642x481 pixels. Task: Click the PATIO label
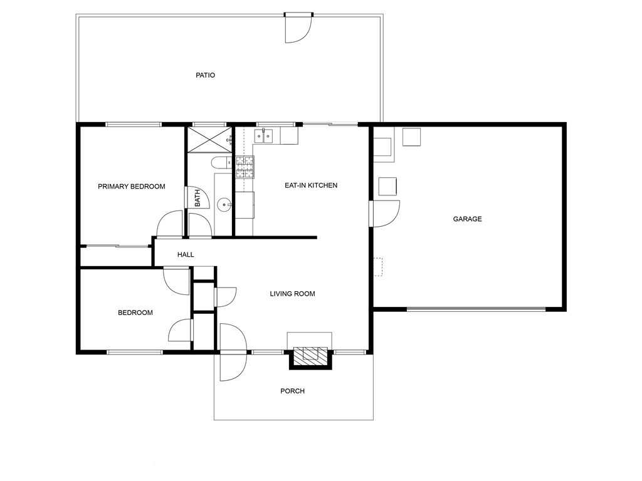[205, 75]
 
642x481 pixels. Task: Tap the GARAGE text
[467, 219]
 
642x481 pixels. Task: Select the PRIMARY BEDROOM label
[132, 187]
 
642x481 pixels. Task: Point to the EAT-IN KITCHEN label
[311, 185]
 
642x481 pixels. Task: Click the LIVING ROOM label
[292, 294]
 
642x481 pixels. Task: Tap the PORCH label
[292, 391]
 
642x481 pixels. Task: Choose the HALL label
[186, 255]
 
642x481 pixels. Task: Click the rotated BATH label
[197, 198]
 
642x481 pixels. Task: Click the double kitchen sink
[264, 136]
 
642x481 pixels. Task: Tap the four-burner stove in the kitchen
[245, 167]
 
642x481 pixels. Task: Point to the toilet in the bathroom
[221, 163]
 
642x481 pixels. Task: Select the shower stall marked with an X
[209, 140]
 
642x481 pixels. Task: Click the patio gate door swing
[299, 29]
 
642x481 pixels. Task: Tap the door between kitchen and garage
[385, 214]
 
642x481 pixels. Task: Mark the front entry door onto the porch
[233, 352]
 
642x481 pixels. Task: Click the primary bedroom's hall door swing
[170, 224]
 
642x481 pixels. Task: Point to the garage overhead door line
[476, 309]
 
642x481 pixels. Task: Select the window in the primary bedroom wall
[134, 125]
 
